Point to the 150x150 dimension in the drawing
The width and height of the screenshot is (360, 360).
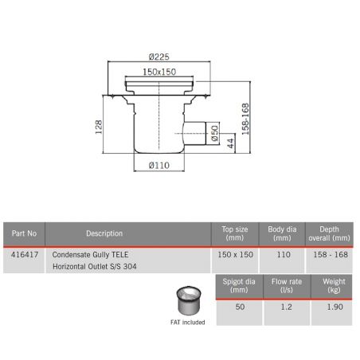click(x=160, y=72)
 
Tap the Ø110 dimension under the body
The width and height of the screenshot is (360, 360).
click(x=160, y=166)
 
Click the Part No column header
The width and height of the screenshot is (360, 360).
click(x=25, y=233)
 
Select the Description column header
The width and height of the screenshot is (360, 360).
click(x=104, y=233)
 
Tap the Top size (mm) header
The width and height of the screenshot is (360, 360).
click(x=235, y=233)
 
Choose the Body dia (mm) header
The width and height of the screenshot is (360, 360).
click(x=282, y=233)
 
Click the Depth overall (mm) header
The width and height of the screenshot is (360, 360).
click(x=329, y=233)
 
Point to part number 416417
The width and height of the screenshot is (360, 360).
click(x=25, y=254)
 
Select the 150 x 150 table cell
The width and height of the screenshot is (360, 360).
click(x=235, y=254)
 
